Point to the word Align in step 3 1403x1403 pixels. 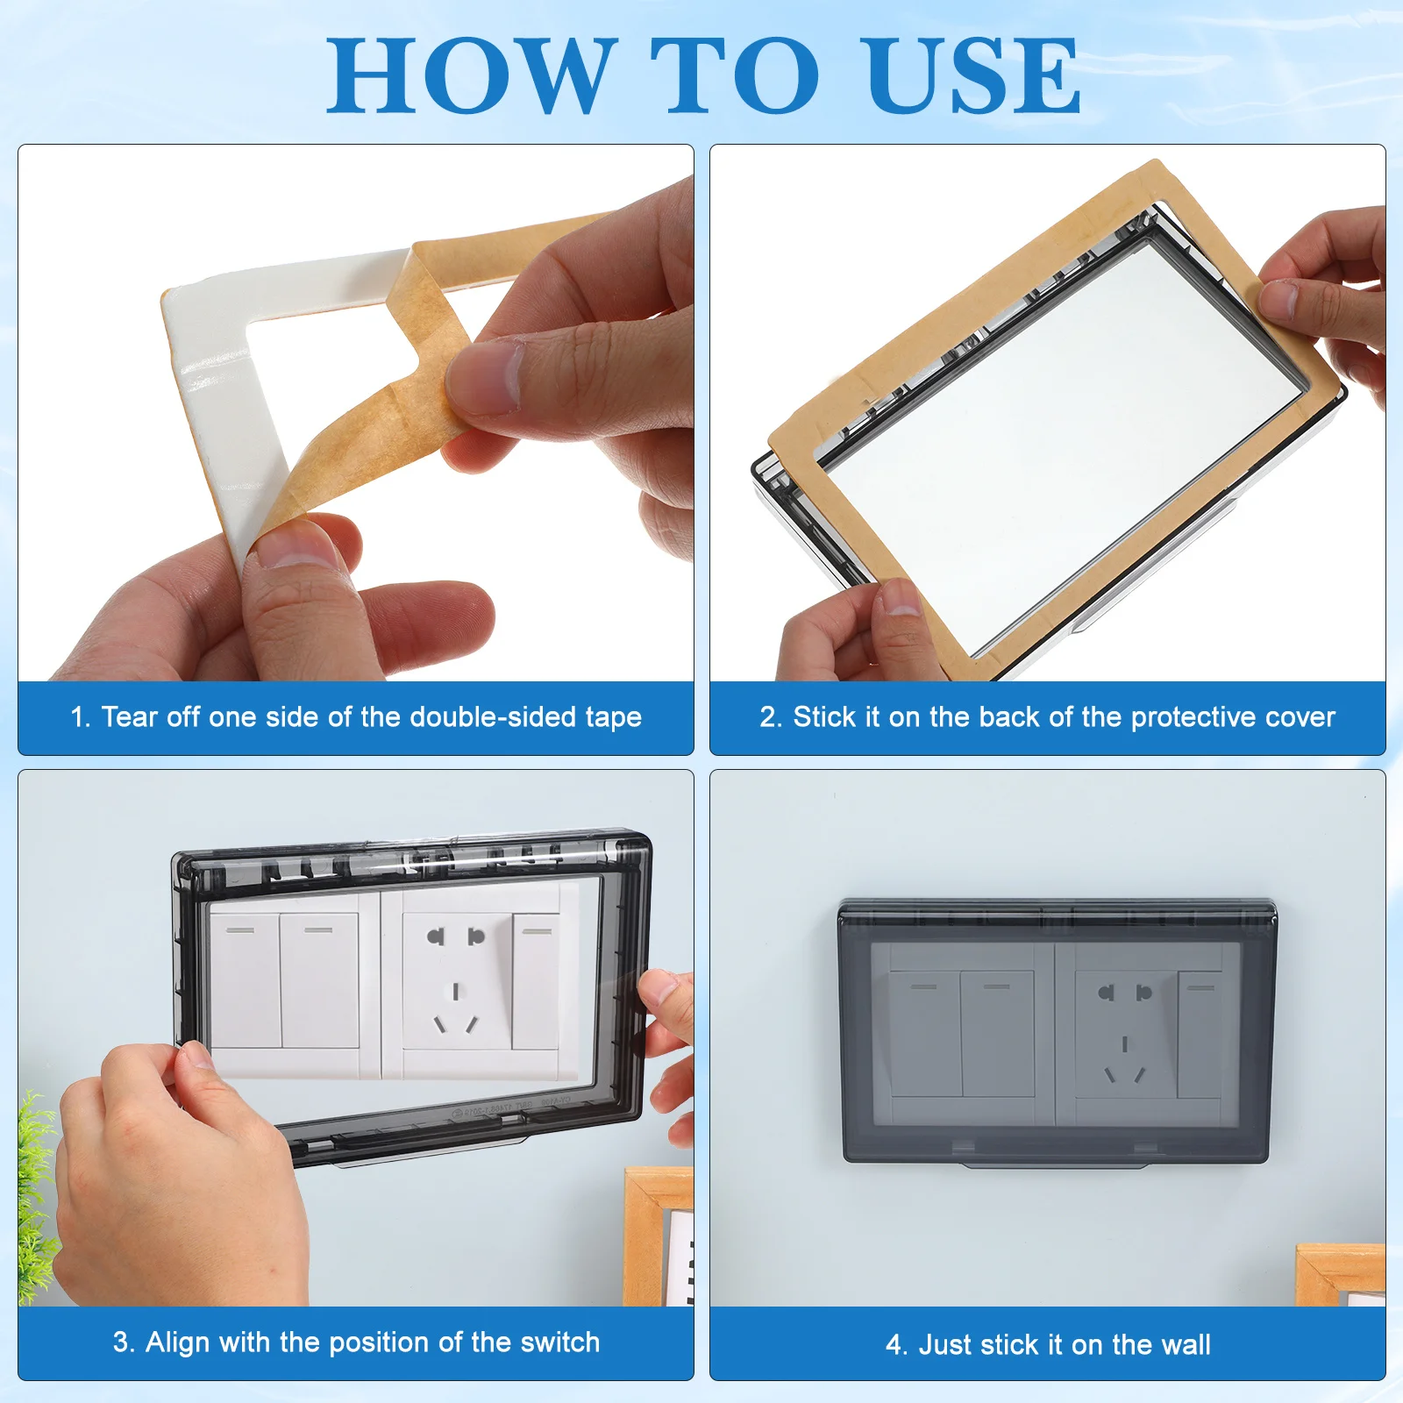point(177,1342)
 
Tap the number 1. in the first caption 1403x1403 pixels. point(81,717)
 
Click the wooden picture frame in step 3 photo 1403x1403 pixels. point(658,1236)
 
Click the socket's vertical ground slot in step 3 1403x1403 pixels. point(455,991)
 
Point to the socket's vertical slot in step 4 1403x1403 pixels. point(1125,1044)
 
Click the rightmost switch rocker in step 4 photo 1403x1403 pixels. point(1200,1034)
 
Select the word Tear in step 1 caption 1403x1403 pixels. point(131,717)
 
